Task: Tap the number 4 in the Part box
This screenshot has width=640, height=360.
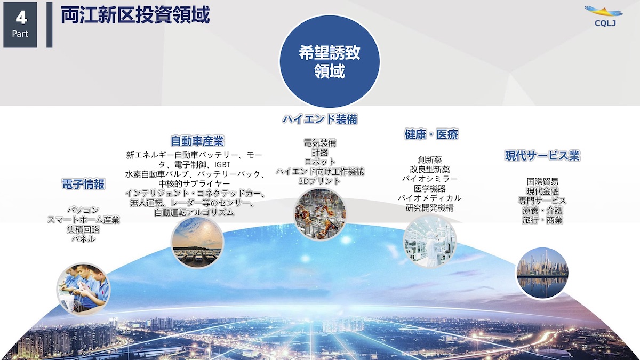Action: (x=21, y=18)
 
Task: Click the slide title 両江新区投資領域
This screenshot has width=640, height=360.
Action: (x=135, y=15)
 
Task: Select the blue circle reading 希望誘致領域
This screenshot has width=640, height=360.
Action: (x=330, y=61)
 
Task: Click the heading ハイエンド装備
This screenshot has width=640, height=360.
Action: (x=320, y=119)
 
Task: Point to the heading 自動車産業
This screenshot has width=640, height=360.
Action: (x=197, y=141)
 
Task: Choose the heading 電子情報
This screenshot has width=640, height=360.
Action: (x=83, y=184)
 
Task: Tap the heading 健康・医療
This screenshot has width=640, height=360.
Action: (x=431, y=134)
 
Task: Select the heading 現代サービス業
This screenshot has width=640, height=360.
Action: (x=542, y=156)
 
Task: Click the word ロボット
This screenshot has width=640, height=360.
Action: (x=319, y=162)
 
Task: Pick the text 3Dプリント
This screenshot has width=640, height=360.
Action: (x=319, y=181)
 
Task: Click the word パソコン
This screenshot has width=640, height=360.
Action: (x=83, y=210)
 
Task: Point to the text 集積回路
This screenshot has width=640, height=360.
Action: (x=83, y=229)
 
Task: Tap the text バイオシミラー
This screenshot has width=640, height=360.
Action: (x=430, y=179)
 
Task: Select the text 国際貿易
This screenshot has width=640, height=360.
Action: (x=542, y=181)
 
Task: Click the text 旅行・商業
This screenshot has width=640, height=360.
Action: (x=542, y=220)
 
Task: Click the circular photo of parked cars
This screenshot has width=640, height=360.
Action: (x=197, y=242)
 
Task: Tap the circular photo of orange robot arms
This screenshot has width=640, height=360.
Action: (x=320, y=214)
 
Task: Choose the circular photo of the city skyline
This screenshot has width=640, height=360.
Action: (x=542, y=273)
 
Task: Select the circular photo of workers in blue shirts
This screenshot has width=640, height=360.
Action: (x=83, y=290)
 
